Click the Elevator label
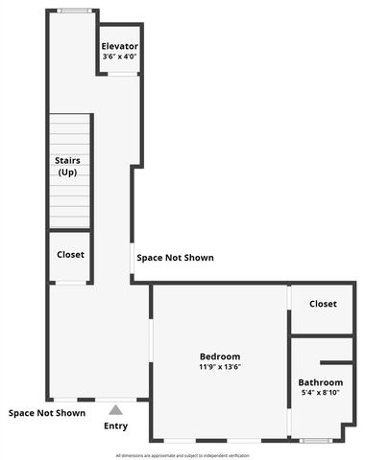(120, 46)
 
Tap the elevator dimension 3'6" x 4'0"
(120, 56)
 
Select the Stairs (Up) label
(67, 166)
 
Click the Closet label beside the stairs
(70, 255)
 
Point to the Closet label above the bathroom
(323, 304)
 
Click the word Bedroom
(220, 356)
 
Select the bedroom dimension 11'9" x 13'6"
(220, 366)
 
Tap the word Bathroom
(320, 382)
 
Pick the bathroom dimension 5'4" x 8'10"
(320, 393)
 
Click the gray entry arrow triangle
(115, 409)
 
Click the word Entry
(115, 425)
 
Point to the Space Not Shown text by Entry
(47, 413)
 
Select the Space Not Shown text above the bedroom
(175, 258)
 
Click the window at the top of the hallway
(73, 11)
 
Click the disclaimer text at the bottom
(182, 454)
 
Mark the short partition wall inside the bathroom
(337, 362)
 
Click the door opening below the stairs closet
(70, 283)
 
